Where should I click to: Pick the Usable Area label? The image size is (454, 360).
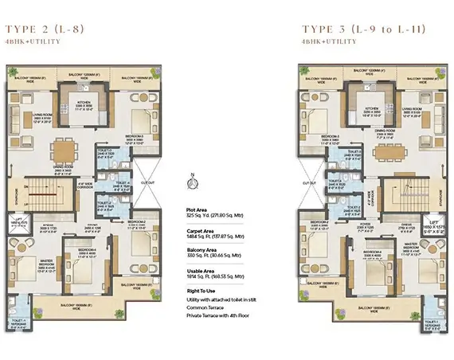tap(199, 272)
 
